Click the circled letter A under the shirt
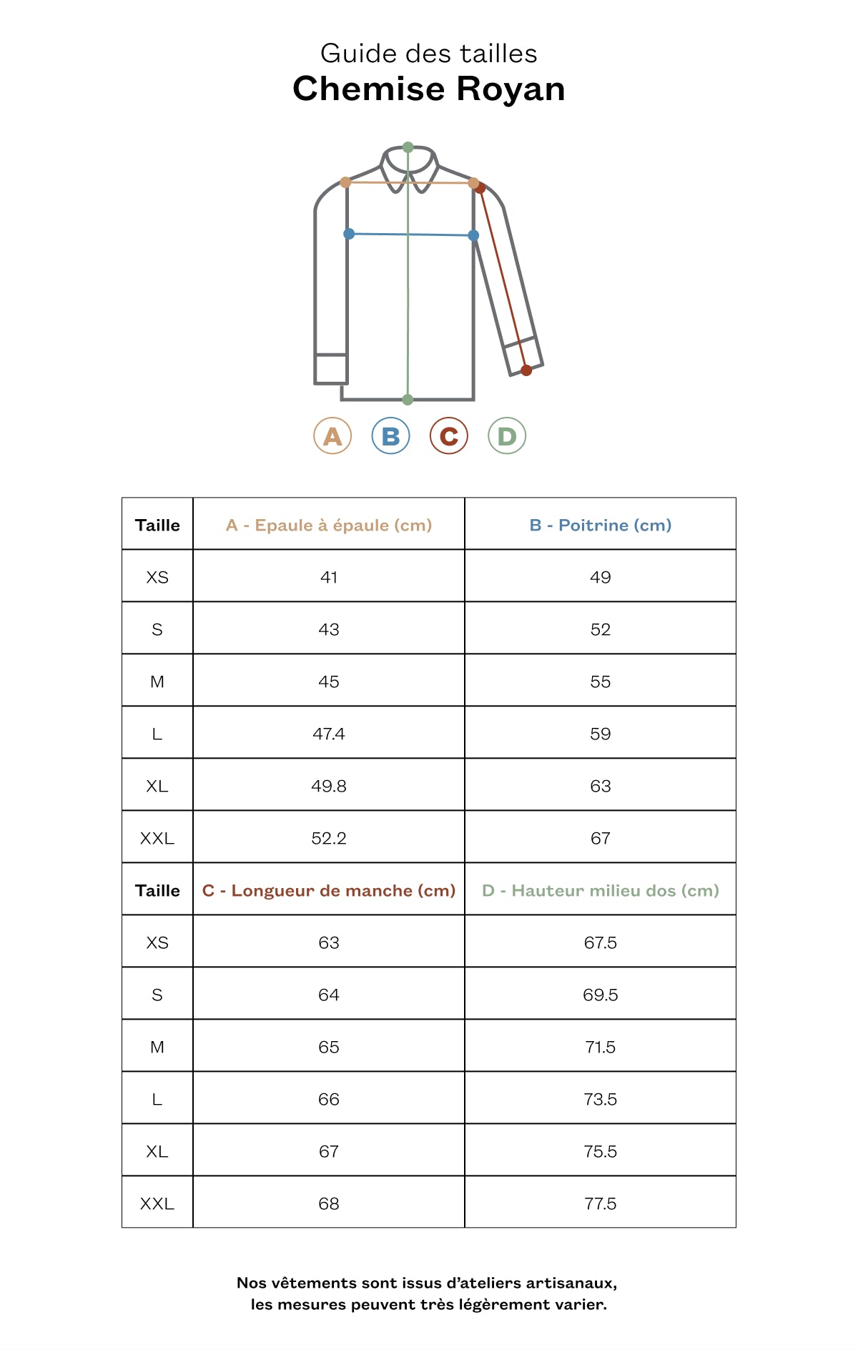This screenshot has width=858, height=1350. (332, 436)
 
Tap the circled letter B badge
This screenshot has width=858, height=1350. (390, 436)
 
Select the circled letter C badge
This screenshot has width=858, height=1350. (448, 436)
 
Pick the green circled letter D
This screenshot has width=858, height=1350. (507, 436)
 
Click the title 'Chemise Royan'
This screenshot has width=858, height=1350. (429, 89)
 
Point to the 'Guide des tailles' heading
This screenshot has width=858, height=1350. (429, 54)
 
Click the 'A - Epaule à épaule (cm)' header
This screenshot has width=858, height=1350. (329, 526)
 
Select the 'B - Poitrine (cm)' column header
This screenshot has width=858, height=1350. (601, 526)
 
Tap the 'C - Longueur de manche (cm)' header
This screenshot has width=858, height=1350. (329, 891)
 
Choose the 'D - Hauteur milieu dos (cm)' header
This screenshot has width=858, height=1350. (601, 891)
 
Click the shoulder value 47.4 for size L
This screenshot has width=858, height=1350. (329, 734)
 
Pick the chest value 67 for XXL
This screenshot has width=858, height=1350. (601, 839)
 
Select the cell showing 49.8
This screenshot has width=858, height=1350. (329, 787)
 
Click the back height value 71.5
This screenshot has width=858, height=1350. (601, 1048)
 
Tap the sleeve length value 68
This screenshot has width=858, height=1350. (329, 1204)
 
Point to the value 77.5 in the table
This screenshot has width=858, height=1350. (601, 1204)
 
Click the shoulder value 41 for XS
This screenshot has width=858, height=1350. (329, 578)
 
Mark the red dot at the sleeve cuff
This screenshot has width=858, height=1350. (526, 370)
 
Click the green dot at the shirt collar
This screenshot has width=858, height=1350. (408, 147)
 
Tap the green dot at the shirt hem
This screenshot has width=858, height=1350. (408, 400)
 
